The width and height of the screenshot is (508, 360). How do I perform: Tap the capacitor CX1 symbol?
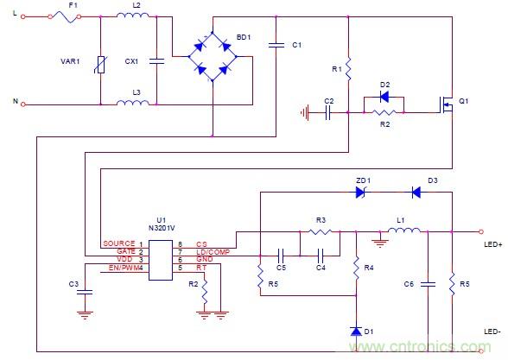point(156,62)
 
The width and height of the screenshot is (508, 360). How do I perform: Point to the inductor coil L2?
point(136,16)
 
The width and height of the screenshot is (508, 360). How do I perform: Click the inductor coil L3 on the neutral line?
point(136,104)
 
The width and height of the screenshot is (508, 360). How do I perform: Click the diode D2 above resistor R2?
point(385,96)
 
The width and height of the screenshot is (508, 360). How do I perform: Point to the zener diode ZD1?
point(363,193)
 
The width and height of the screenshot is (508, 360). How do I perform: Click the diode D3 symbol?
point(415,193)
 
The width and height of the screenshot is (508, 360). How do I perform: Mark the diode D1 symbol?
point(354,331)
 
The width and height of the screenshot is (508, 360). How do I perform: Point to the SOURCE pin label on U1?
point(118,245)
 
